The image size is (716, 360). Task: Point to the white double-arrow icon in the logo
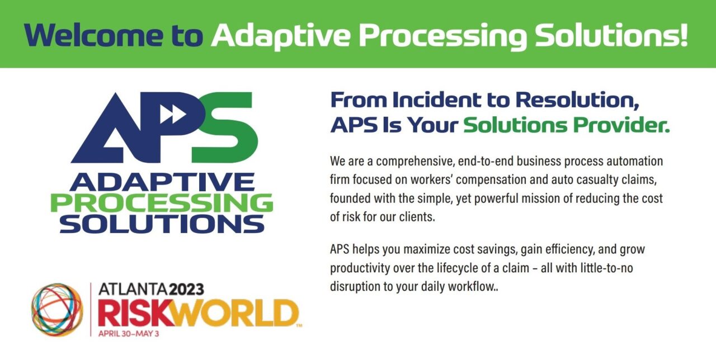[173, 114]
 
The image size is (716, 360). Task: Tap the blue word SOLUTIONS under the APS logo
[162, 224]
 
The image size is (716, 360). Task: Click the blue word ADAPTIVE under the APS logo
[162, 182]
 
